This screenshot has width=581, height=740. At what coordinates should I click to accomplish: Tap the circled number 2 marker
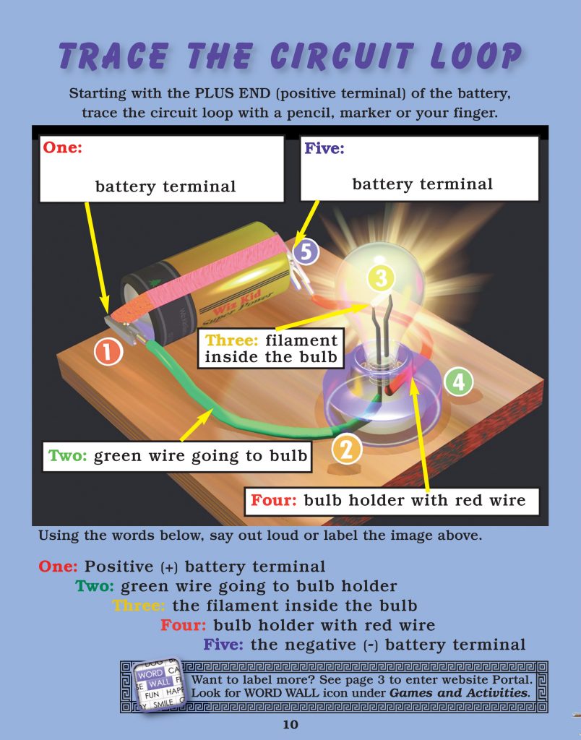(x=346, y=449)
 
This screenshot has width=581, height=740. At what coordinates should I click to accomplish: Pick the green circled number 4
(x=458, y=382)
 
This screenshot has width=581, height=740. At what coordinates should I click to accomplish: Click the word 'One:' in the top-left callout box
(x=64, y=148)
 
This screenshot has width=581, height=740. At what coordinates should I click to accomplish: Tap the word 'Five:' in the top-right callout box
(x=324, y=148)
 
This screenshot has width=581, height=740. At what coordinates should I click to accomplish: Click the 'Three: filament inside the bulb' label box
(x=270, y=348)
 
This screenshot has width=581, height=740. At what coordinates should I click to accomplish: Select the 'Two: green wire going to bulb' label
(x=177, y=456)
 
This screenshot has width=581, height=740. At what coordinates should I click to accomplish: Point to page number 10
(x=290, y=725)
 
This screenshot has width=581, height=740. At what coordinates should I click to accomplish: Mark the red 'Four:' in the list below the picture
(x=184, y=625)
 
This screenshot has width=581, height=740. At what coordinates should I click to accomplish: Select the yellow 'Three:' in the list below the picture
(x=138, y=606)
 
